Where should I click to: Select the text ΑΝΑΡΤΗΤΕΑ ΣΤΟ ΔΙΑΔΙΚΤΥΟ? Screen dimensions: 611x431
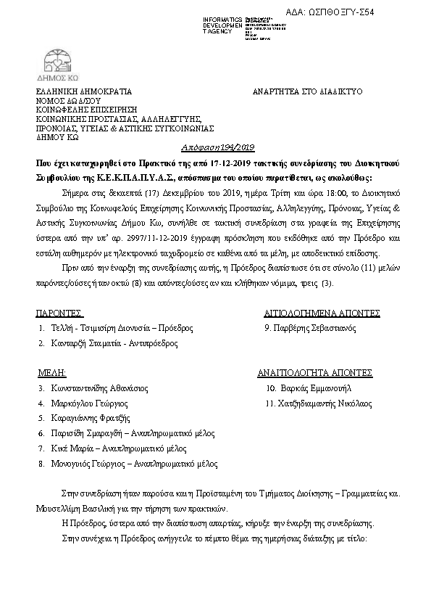pyautogui.click(x=307, y=92)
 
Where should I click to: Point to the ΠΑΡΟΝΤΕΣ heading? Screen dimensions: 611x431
pyautogui.click(x=59, y=313)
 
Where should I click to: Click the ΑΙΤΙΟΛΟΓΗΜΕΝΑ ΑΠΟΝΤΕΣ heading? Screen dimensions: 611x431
pyautogui.click(x=322, y=313)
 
